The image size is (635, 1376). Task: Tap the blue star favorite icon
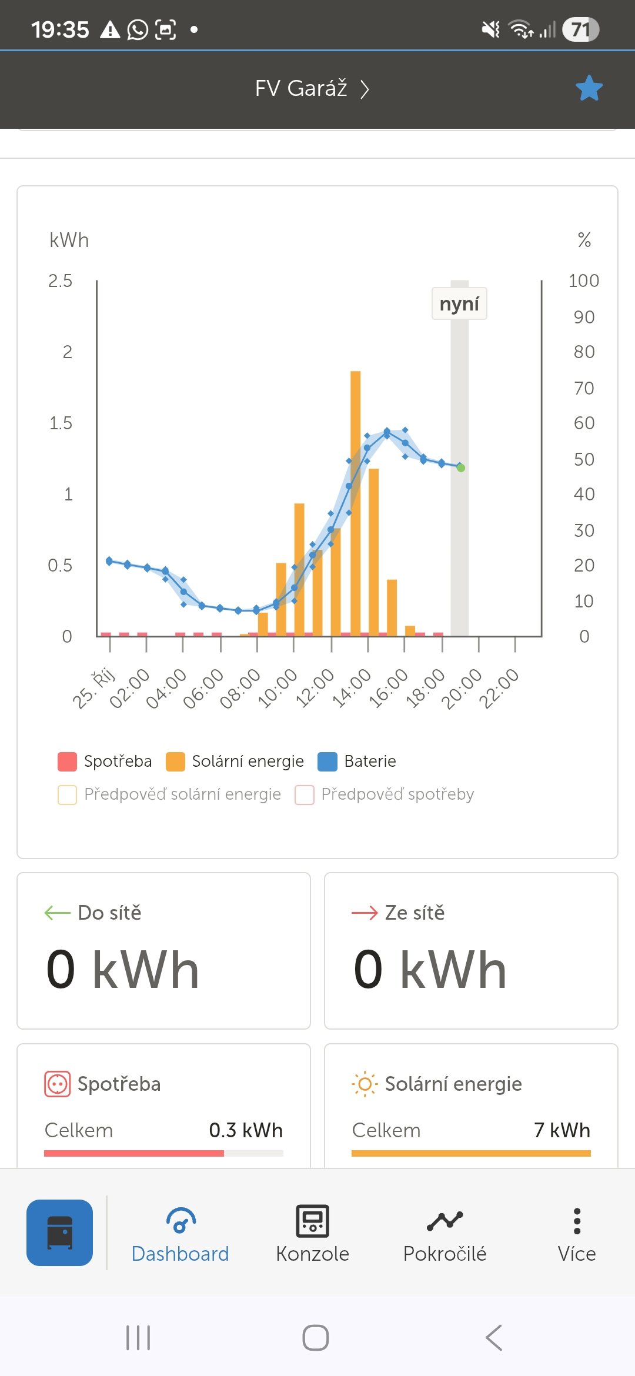pyautogui.click(x=589, y=88)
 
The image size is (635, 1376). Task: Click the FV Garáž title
pyautogui.click(x=301, y=88)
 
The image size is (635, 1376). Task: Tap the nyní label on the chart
pyautogui.click(x=459, y=304)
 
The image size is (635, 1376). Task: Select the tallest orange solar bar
pyautogui.click(x=355, y=500)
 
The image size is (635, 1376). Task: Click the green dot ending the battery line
pyautogui.click(x=461, y=468)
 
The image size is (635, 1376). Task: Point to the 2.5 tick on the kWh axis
pyautogui.click(x=60, y=281)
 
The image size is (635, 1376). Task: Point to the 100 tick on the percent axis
pyautogui.click(x=583, y=281)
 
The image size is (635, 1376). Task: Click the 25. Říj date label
pyautogui.click(x=94, y=688)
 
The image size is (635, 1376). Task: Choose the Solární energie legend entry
pyautogui.click(x=235, y=762)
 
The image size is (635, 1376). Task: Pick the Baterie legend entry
pyautogui.click(x=357, y=762)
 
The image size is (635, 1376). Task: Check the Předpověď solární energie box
pyautogui.click(x=68, y=795)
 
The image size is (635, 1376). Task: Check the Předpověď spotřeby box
pyautogui.click(x=305, y=795)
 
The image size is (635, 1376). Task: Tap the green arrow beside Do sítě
pyautogui.click(x=57, y=913)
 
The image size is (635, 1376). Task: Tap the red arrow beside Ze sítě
pyautogui.click(x=365, y=913)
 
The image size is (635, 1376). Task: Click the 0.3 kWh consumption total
pyautogui.click(x=246, y=1130)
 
